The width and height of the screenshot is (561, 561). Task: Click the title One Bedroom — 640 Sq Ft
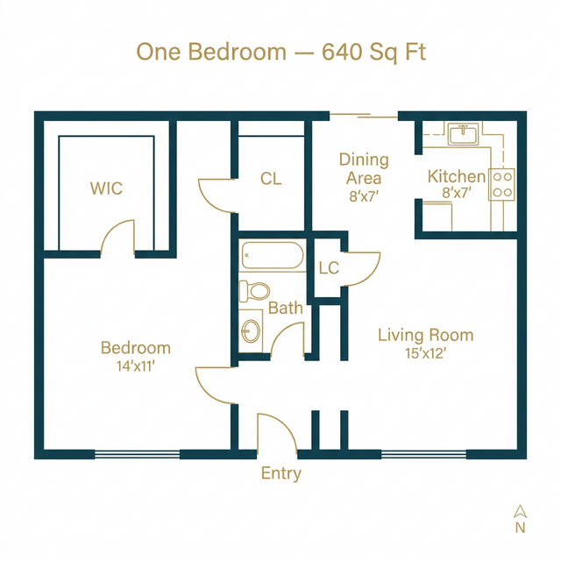[280, 52]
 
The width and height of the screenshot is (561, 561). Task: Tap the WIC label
[106, 188]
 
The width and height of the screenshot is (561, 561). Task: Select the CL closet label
[271, 179]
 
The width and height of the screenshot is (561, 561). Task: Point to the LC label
[329, 268]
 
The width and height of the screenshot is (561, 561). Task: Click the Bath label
[285, 308]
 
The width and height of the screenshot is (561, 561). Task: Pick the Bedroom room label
[135, 348]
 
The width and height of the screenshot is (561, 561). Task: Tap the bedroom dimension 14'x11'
[135, 366]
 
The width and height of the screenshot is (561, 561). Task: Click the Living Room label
[425, 335]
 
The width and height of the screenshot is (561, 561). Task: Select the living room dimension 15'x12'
[425, 354]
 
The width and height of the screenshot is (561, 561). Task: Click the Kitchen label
[456, 177]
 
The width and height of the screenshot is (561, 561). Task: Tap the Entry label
[280, 473]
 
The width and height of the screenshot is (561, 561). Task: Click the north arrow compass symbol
[520, 512]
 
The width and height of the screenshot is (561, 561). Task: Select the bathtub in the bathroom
[272, 257]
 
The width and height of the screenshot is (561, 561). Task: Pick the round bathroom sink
[251, 331]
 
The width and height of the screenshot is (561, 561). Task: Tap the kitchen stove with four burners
[501, 183]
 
